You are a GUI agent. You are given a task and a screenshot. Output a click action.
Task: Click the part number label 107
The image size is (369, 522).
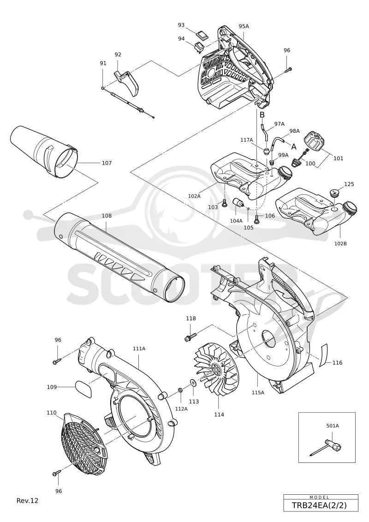coord(107,163)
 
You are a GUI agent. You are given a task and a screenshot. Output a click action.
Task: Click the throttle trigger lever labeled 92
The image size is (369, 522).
coord(129,83)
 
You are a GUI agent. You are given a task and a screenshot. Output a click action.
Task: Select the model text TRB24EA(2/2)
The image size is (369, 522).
coord(319,505)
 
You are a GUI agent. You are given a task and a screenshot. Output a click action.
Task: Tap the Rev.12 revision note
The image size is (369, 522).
coord(27,500)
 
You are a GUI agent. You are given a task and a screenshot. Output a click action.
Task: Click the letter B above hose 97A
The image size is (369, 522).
coord(262,114)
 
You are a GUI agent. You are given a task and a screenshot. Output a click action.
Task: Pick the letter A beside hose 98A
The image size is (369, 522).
coord(294,146)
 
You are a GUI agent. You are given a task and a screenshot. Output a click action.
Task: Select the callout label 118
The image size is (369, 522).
coord(191,318)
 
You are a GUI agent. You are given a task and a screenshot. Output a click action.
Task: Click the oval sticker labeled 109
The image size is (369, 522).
coord(83,389)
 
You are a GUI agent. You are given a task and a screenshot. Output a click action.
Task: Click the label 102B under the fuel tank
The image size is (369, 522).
coord(340,243)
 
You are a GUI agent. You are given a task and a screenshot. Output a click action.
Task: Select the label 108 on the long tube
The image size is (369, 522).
coord(107,216)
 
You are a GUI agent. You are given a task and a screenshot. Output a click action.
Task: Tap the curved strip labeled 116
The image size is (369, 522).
coord(323,355)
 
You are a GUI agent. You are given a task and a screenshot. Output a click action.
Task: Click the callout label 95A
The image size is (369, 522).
coord(244,26)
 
